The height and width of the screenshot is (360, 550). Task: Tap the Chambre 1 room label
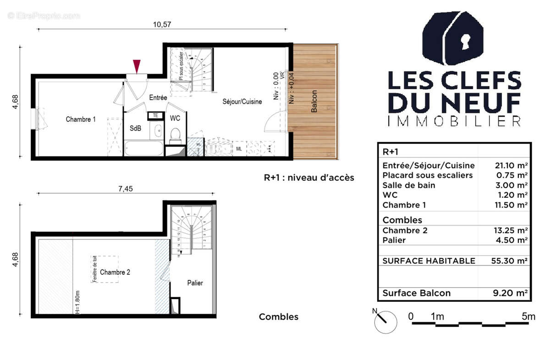tap(81, 120)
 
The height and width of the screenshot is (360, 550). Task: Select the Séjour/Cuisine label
tap(242, 102)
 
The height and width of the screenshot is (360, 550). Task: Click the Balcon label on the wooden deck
tap(314, 102)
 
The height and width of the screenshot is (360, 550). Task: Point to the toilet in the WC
tap(175, 134)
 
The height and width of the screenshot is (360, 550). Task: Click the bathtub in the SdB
tap(143, 148)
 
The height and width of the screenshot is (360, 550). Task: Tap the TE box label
tap(155, 115)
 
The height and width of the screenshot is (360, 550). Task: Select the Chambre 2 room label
tap(115, 272)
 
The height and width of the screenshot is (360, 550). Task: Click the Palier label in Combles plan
tap(195, 283)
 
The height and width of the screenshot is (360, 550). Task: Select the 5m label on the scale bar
tap(528, 316)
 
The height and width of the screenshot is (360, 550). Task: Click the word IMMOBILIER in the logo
tap(454, 121)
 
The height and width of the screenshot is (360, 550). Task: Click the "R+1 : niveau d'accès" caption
tap(309, 178)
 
